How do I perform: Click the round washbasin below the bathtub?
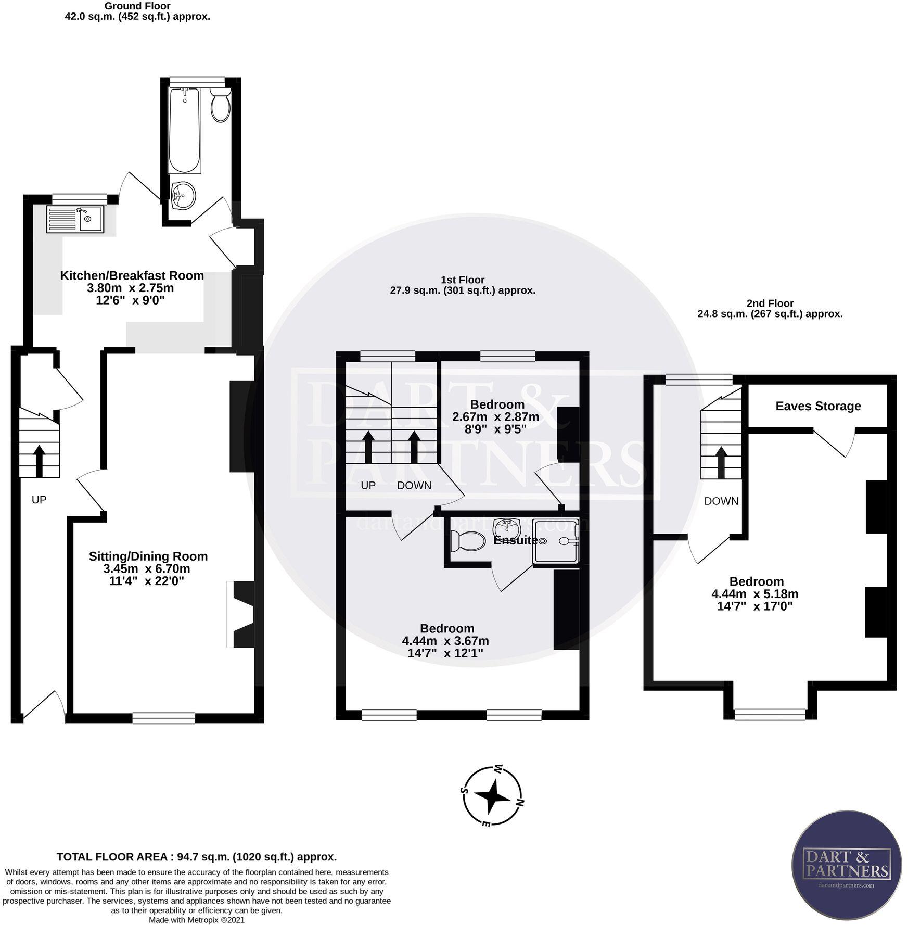[183, 196]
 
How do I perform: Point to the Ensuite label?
[515, 540]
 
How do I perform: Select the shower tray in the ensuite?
[556, 541]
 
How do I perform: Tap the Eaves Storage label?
[818, 406]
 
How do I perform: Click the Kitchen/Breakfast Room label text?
[132, 276]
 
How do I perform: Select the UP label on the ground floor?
[39, 500]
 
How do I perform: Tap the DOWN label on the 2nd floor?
[721, 501]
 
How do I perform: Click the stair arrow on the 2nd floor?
[721, 461]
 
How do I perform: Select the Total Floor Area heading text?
[197, 857]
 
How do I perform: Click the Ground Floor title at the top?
[137, 6]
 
